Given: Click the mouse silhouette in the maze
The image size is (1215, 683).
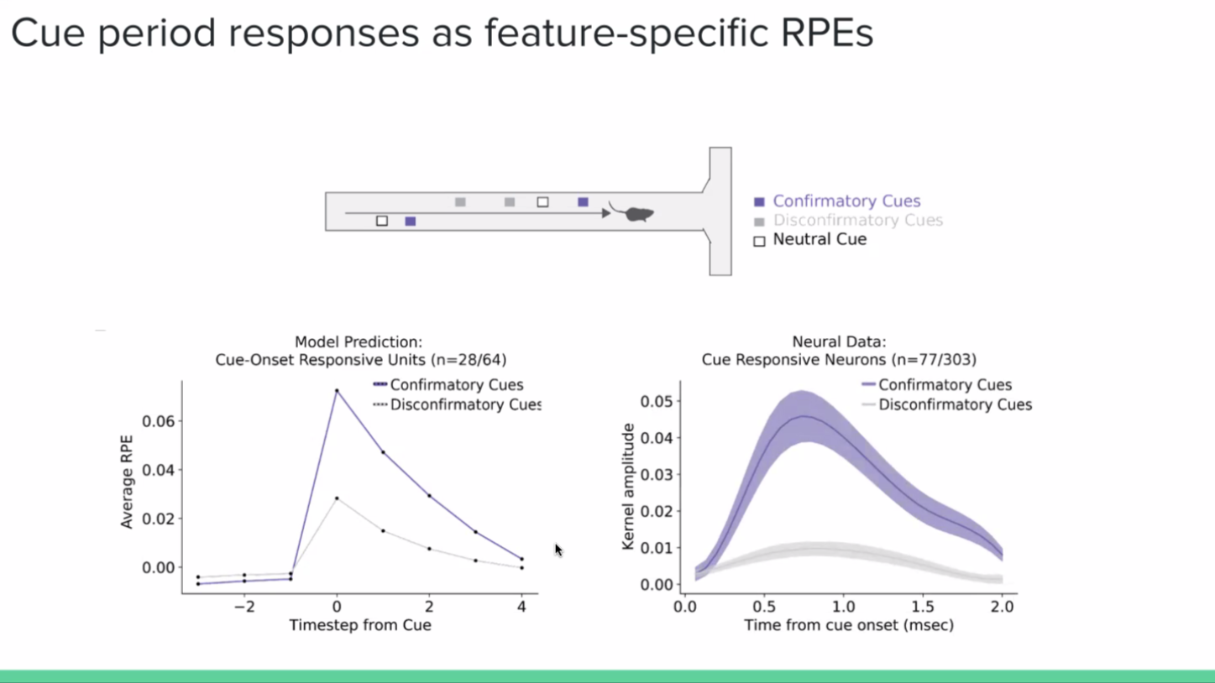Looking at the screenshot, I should point(637,214).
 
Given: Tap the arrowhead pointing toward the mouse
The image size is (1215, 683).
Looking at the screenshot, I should point(606,213).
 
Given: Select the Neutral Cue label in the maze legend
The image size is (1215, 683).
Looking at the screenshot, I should point(819,240).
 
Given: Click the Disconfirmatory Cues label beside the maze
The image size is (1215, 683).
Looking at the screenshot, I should point(857,221).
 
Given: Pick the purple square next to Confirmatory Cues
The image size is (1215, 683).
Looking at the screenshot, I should point(759,201).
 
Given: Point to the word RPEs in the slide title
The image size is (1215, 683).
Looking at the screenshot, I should point(826,33).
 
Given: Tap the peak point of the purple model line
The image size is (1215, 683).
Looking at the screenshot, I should point(337,391).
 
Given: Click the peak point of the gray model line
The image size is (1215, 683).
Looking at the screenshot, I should point(337,498).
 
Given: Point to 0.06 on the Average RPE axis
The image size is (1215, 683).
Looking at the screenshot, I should point(158,421).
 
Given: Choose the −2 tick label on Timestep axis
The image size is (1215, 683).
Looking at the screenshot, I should point(244,607).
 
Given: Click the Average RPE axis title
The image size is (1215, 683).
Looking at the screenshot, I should point(128,482).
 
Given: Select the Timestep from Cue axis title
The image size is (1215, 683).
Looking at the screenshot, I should point(360,625).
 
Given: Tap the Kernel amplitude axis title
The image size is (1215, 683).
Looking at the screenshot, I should point(628,487).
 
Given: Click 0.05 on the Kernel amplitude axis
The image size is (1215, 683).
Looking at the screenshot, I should point(657,402).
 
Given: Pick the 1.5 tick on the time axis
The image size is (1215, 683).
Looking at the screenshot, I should point(923,607).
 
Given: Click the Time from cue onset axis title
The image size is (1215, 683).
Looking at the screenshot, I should point(848,625).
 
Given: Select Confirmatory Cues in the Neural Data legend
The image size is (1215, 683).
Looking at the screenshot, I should point(944,385).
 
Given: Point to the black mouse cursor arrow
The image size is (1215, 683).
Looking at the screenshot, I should point(558,550).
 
